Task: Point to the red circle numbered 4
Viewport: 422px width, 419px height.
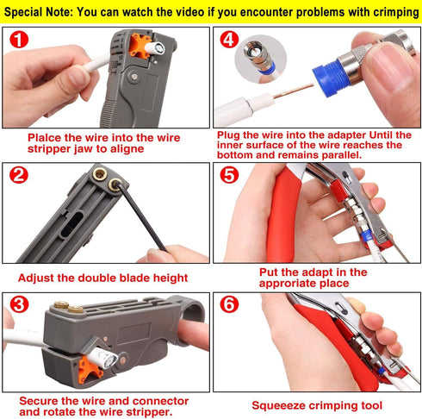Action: click(228, 41)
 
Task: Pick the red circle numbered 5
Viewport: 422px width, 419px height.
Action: click(229, 177)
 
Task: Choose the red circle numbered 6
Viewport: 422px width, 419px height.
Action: click(229, 306)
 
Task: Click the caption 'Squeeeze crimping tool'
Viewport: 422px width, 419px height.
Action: click(318, 404)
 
